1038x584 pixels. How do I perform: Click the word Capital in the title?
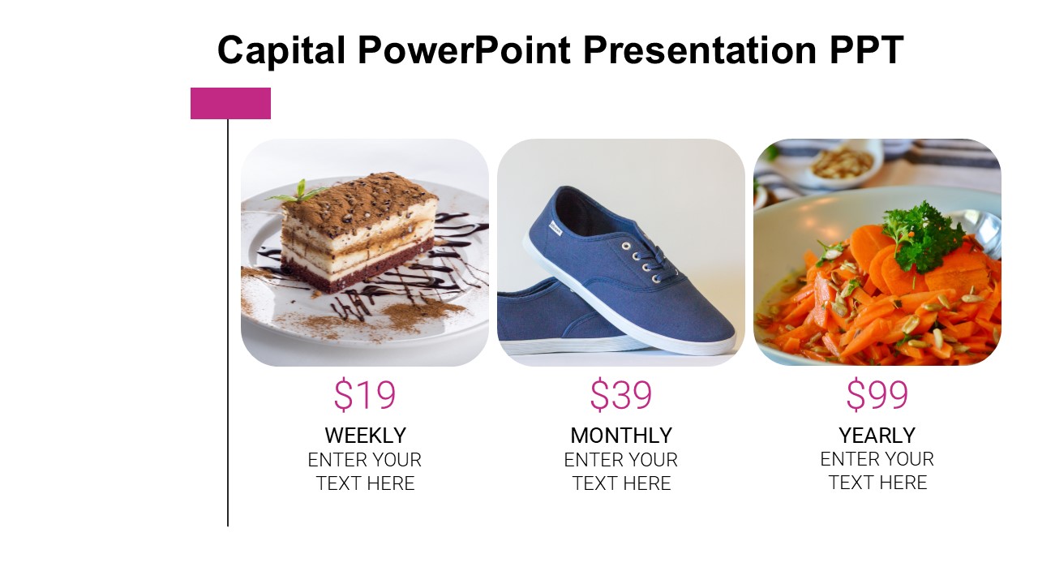281,51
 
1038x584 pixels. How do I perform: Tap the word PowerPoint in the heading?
465,50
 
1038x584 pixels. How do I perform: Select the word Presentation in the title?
700,50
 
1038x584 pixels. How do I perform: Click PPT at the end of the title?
867,50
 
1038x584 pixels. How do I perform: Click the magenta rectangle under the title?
231,103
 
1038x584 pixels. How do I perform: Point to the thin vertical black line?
228,323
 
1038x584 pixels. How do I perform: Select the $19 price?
365,394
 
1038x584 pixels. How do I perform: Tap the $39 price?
621,394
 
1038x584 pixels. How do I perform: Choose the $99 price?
877,394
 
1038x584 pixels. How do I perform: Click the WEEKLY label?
365,436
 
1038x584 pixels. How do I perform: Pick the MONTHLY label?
621,436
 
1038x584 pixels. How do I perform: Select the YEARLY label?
877,436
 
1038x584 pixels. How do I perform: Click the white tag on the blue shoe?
555,228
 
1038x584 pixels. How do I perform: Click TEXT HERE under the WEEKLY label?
365,483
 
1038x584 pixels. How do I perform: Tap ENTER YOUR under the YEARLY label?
877,459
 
